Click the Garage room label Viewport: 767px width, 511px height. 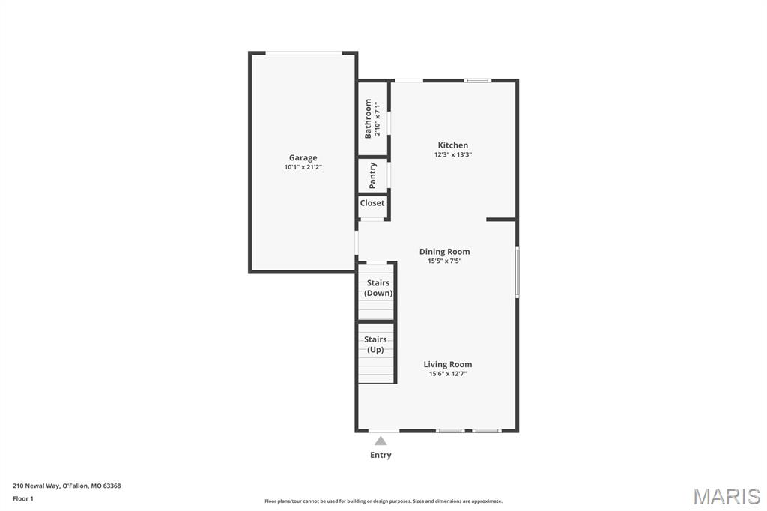[303, 157]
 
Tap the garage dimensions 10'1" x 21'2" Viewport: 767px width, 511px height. [303, 167]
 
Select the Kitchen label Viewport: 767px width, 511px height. [453, 145]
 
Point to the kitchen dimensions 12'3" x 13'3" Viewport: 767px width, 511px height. [453, 154]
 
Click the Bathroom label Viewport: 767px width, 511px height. [368, 118]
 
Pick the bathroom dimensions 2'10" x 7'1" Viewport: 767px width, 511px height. [378, 118]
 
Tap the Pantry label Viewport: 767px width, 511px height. [373, 176]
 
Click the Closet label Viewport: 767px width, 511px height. [372, 202]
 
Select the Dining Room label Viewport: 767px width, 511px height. [445, 252]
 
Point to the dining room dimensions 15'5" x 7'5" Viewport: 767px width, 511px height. [445, 261]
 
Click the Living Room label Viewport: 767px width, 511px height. [448, 364]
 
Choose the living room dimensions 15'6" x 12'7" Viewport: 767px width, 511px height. [448, 374]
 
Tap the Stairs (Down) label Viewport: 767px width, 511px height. [378, 288]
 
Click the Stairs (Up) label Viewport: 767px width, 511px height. [375, 345]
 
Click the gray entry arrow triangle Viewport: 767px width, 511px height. [381, 441]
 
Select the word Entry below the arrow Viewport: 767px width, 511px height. [381, 455]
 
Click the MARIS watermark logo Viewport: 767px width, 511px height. [727, 496]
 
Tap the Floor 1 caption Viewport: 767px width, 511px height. [23, 498]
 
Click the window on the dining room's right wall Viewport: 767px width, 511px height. [517, 272]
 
